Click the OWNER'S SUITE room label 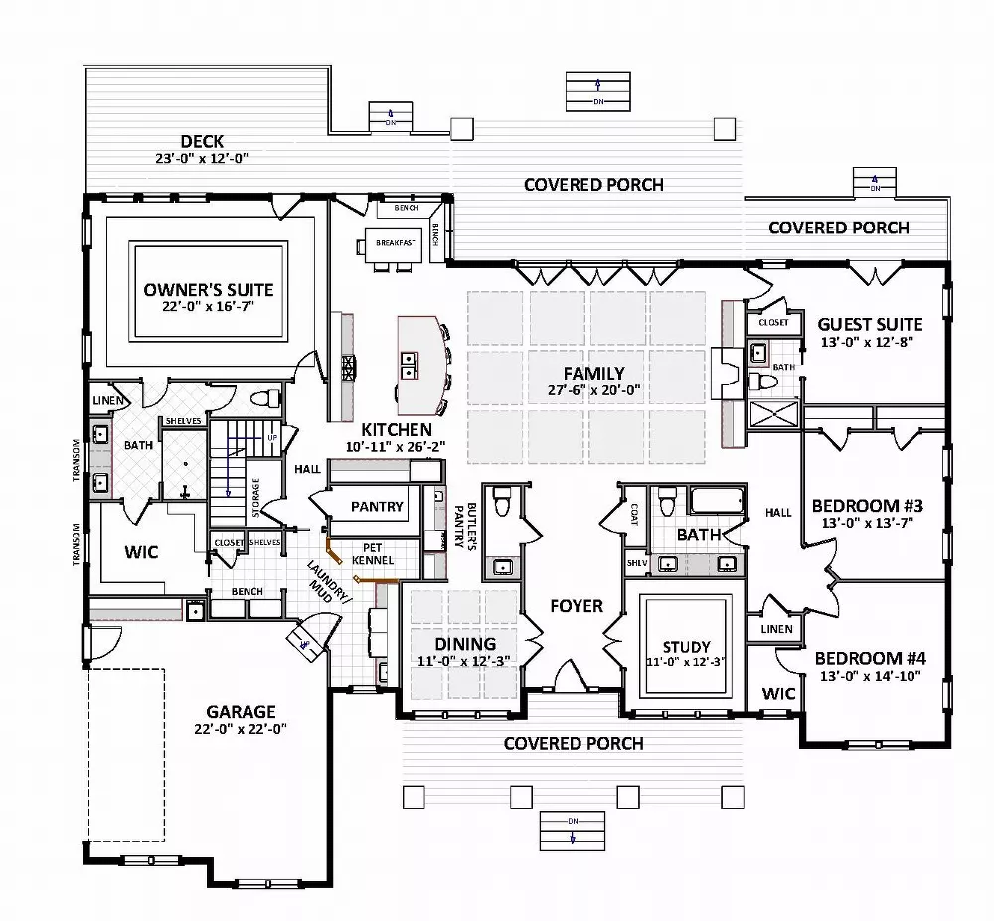(x=208, y=289)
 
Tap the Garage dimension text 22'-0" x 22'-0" (x=241, y=730)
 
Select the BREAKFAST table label (x=395, y=242)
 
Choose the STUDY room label (x=686, y=648)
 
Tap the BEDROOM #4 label (x=871, y=657)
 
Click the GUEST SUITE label (x=870, y=324)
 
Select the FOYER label (x=576, y=605)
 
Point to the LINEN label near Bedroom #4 (x=777, y=629)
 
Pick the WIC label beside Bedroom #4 (x=779, y=693)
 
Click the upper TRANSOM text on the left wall (x=77, y=461)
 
